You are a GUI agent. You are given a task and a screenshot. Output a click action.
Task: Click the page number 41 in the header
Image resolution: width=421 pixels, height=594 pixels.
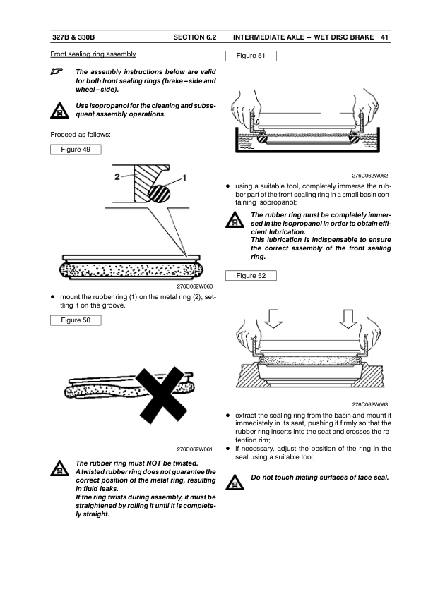(x=384, y=37)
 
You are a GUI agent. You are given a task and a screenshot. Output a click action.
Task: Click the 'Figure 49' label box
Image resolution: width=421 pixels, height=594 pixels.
(x=76, y=150)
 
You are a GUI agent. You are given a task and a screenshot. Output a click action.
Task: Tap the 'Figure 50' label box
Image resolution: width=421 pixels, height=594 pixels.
(x=76, y=320)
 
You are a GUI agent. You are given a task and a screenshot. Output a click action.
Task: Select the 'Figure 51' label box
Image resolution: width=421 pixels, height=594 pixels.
(x=251, y=56)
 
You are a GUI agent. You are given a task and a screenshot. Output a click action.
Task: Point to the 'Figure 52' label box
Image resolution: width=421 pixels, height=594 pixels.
(x=251, y=276)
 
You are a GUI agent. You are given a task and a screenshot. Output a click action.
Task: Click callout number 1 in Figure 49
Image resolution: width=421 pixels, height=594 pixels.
(x=184, y=177)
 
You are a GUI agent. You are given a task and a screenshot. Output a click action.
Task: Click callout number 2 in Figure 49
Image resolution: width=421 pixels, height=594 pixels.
(x=117, y=176)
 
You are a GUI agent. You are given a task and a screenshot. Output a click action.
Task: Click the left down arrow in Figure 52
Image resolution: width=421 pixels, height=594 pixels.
(x=273, y=319)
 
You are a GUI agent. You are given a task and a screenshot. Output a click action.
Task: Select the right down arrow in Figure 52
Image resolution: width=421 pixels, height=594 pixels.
(x=348, y=319)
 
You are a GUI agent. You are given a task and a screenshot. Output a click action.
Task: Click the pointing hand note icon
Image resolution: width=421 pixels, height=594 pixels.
(x=57, y=71)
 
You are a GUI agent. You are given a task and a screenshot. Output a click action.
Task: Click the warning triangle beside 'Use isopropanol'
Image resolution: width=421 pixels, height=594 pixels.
(x=59, y=110)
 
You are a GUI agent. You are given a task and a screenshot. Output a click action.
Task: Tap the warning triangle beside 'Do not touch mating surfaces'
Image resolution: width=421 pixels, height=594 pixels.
(x=235, y=483)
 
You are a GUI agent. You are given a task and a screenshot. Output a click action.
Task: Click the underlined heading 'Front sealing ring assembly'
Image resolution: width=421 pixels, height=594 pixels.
(x=93, y=54)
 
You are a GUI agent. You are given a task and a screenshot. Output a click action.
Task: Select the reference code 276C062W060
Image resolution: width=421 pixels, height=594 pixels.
(x=194, y=286)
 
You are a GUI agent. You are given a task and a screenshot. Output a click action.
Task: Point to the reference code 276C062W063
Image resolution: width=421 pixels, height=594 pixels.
(x=370, y=404)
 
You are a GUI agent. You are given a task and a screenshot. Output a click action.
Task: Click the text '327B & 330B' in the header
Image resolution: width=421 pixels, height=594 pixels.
(x=73, y=37)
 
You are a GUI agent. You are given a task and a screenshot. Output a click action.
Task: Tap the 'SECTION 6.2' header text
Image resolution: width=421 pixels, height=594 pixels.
(x=194, y=37)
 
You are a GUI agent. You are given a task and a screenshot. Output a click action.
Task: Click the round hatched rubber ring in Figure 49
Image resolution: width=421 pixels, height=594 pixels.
(x=159, y=193)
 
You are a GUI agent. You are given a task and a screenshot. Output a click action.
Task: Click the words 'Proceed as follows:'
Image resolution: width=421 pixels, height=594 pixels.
(x=81, y=135)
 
